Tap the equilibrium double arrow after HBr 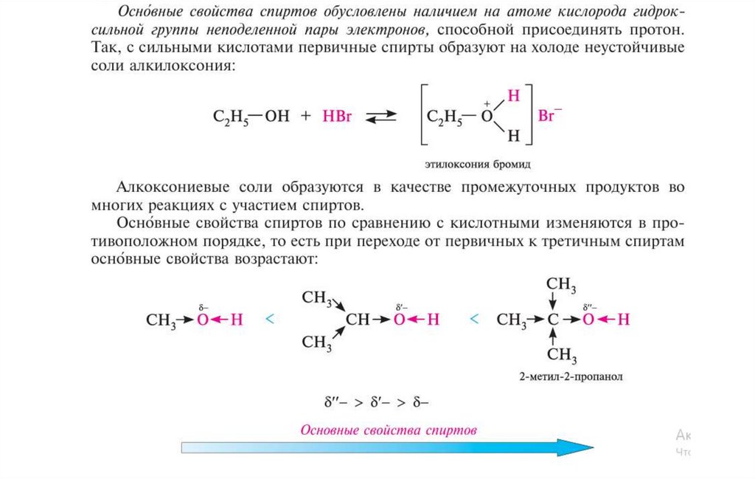point(381,117)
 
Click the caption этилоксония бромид point(477,162)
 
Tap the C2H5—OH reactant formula point(251,117)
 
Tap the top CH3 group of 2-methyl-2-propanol point(560,285)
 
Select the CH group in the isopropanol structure point(358,320)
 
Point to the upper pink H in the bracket point(514,97)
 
